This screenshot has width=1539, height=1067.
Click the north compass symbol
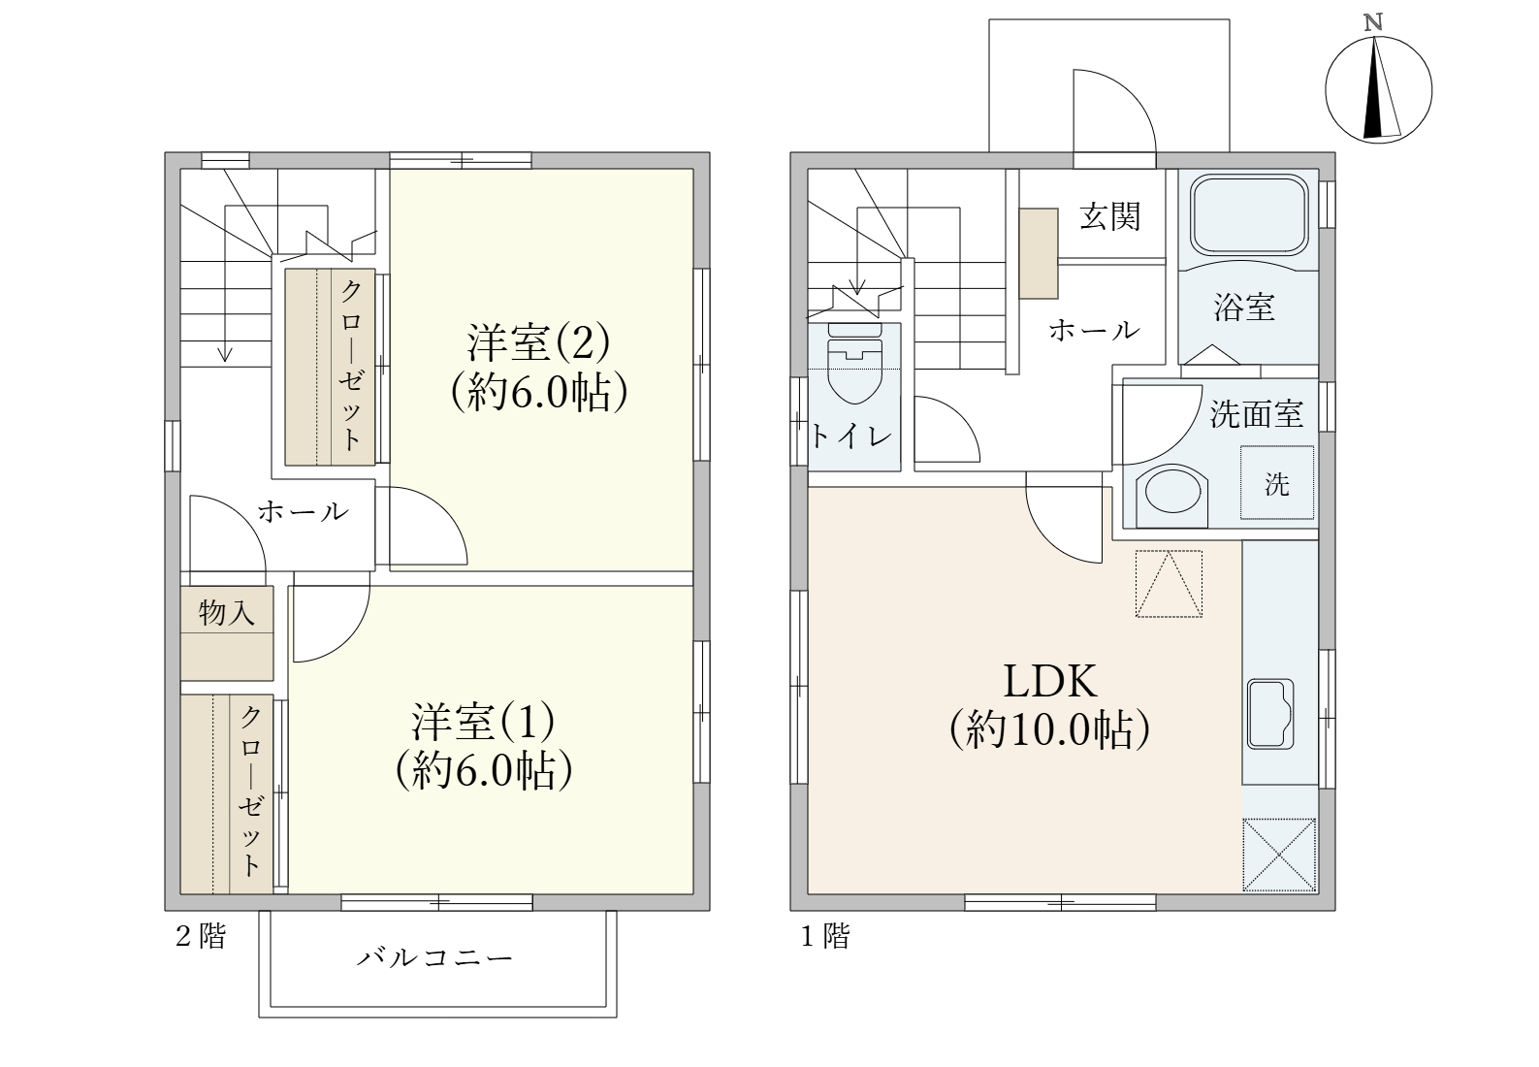(1378, 89)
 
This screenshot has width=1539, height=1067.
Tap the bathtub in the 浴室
(1248, 214)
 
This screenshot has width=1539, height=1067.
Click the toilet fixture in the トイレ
(854, 364)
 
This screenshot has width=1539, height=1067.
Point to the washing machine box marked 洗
(1277, 483)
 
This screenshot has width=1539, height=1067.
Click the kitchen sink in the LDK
(1271, 714)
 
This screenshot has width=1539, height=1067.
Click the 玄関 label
(1110, 216)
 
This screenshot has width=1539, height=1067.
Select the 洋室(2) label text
(538, 342)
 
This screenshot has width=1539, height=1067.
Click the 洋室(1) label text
(483, 722)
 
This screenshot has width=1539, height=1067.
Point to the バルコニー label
(434, 957)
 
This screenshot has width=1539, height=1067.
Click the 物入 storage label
(226, 611)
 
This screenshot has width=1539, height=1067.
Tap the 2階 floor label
(201, 936)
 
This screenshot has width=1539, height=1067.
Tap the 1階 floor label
(825, 936)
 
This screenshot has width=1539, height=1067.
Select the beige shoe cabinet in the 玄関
(1039, 253)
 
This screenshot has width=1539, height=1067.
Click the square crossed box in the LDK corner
(1279, 856)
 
